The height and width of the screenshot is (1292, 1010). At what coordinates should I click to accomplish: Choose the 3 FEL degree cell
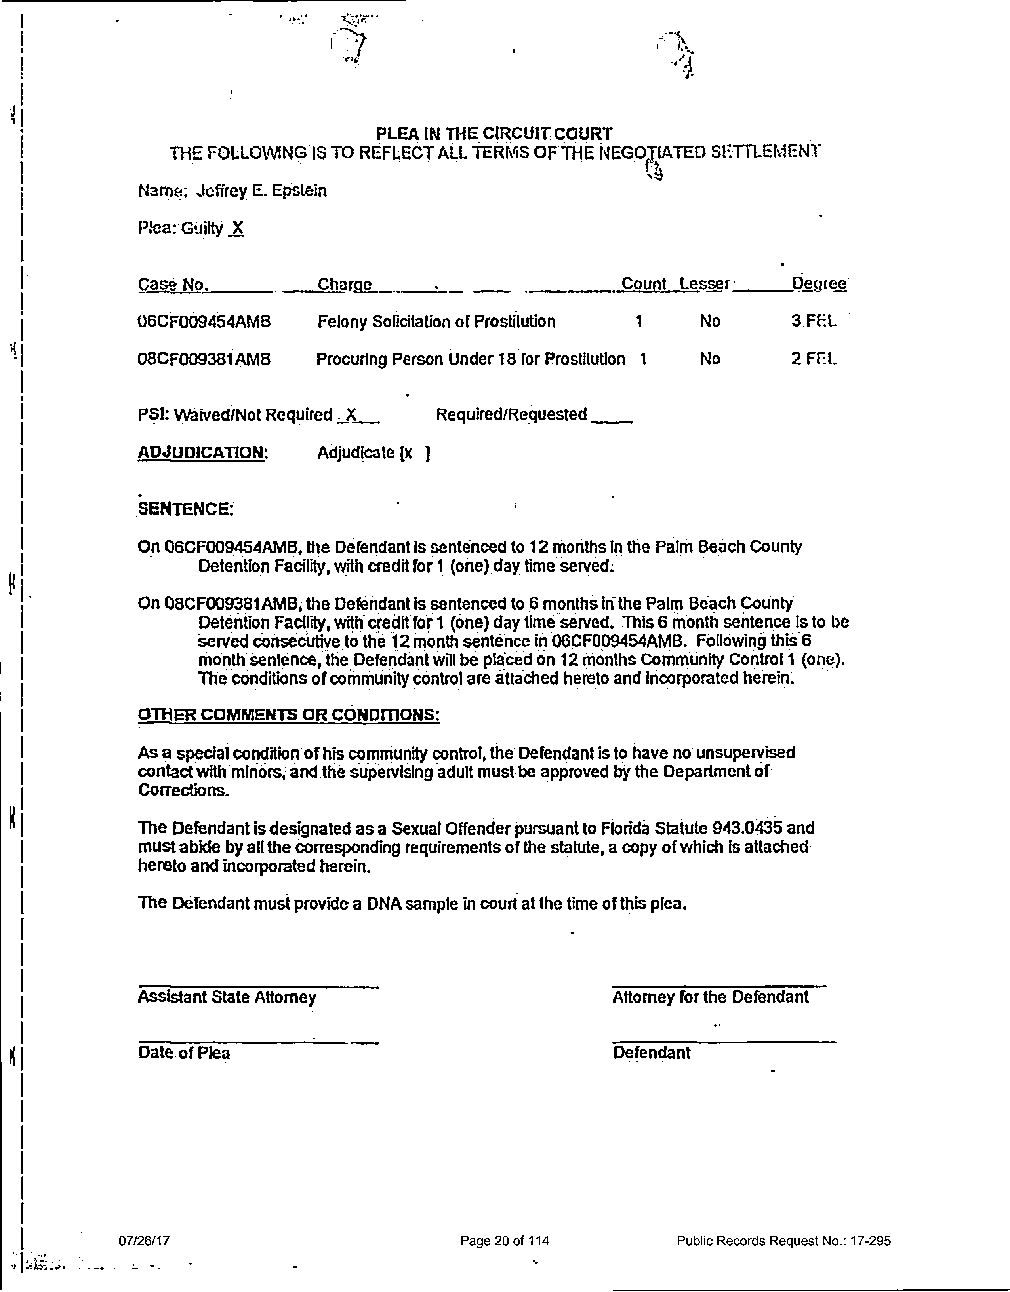814,321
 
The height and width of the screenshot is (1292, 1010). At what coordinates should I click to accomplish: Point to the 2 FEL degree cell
814,359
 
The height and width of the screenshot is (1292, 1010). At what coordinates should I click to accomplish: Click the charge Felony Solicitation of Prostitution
436,322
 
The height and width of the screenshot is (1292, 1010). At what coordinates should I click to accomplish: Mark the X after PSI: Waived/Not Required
351,415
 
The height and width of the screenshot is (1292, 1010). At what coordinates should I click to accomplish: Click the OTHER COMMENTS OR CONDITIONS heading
288,714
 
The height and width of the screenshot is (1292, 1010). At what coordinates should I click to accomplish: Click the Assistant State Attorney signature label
227,997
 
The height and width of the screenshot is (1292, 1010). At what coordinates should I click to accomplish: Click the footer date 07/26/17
144,1241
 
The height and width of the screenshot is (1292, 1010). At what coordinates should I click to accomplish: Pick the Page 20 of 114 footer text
505,1241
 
